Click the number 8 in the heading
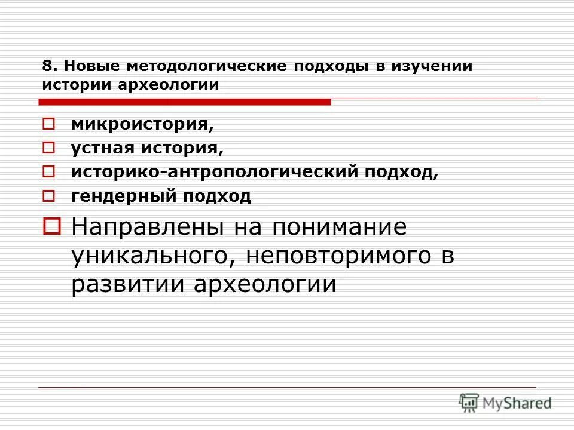pos(46,66)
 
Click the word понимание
pos(340,228)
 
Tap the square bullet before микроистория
pos(49,124)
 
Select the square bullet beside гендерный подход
pos(49,196)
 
